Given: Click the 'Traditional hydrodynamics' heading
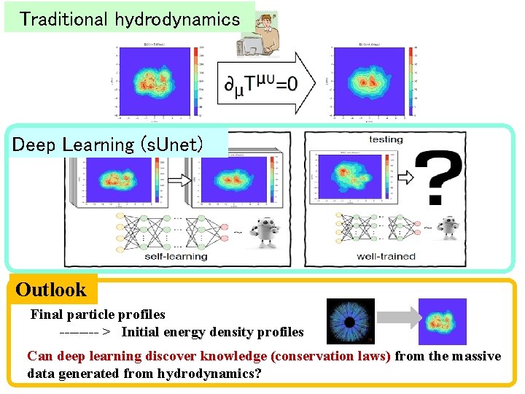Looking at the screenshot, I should click(x=130, y=18).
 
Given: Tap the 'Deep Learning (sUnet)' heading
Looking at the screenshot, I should click(x=106, y=144).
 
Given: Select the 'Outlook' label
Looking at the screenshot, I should click(x=51, y=290).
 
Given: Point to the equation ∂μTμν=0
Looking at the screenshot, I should click(x=260, y=84).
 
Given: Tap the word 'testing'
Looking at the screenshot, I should click(x=386, y=139).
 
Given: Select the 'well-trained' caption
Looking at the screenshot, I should click(x=386, y=256).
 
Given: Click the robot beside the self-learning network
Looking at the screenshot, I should click(x=263, y=232).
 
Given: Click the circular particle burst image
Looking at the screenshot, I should click(x=350, y=321).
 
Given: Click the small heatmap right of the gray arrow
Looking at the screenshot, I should click(x=442, y=321).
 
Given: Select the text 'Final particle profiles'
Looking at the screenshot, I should click(x=98, y=314).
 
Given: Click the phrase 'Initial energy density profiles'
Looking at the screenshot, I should click(x=212, y=332).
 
